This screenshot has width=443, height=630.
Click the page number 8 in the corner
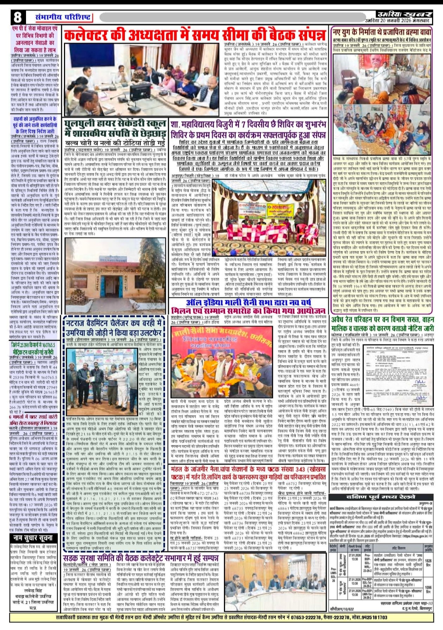[18, 17]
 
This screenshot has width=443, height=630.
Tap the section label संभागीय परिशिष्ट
[64, 17]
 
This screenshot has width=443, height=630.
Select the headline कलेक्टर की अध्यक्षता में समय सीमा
[195, 36]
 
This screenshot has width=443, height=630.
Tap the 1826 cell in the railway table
[428, 560]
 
